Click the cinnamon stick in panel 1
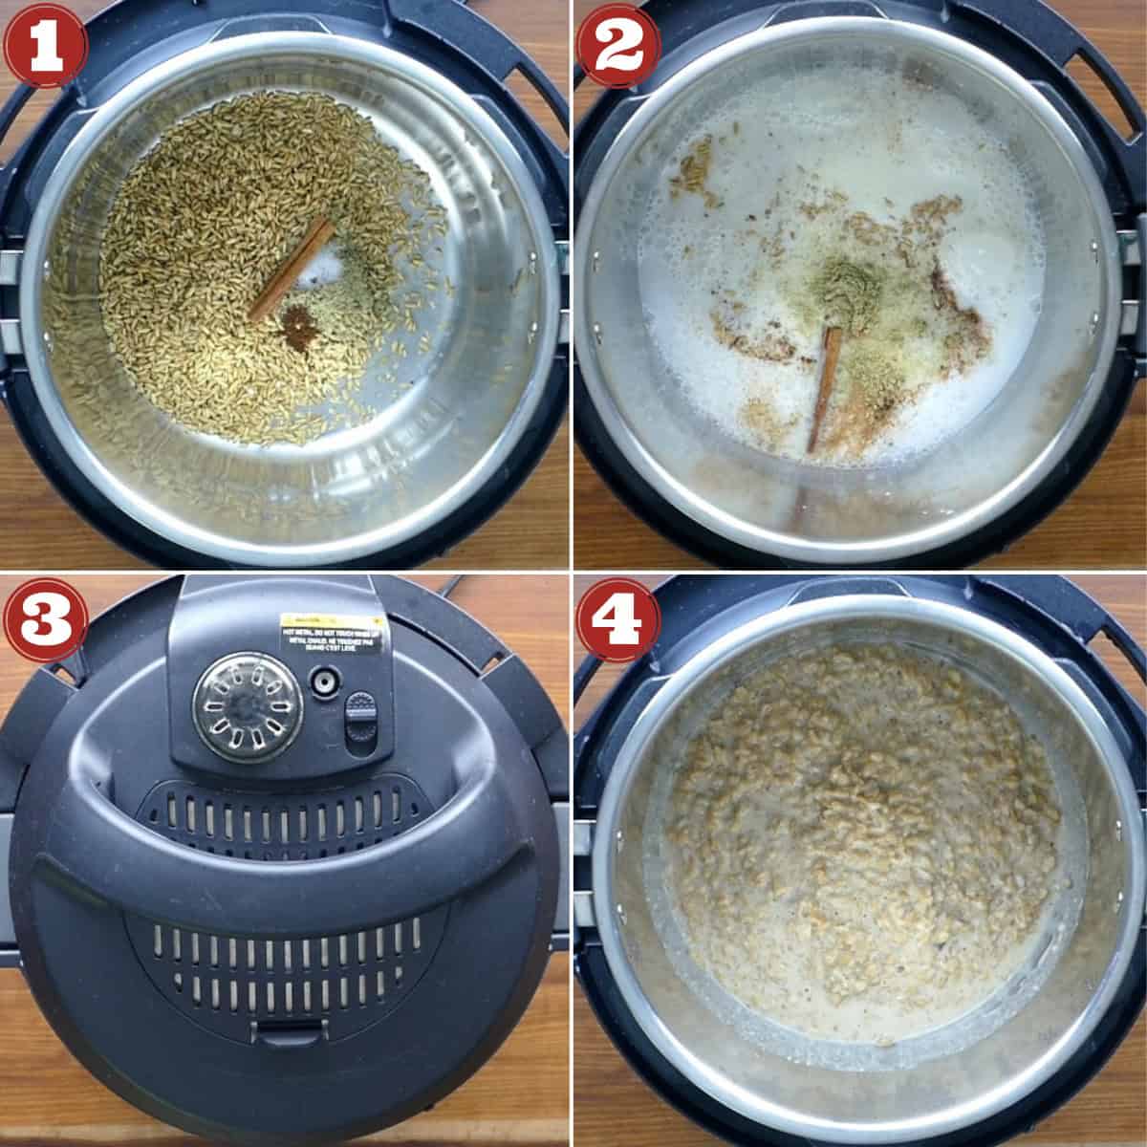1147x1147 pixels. pyautogui.click(x=292, y=269)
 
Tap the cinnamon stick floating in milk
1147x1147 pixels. pyautogui.click(x=824, y=388)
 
